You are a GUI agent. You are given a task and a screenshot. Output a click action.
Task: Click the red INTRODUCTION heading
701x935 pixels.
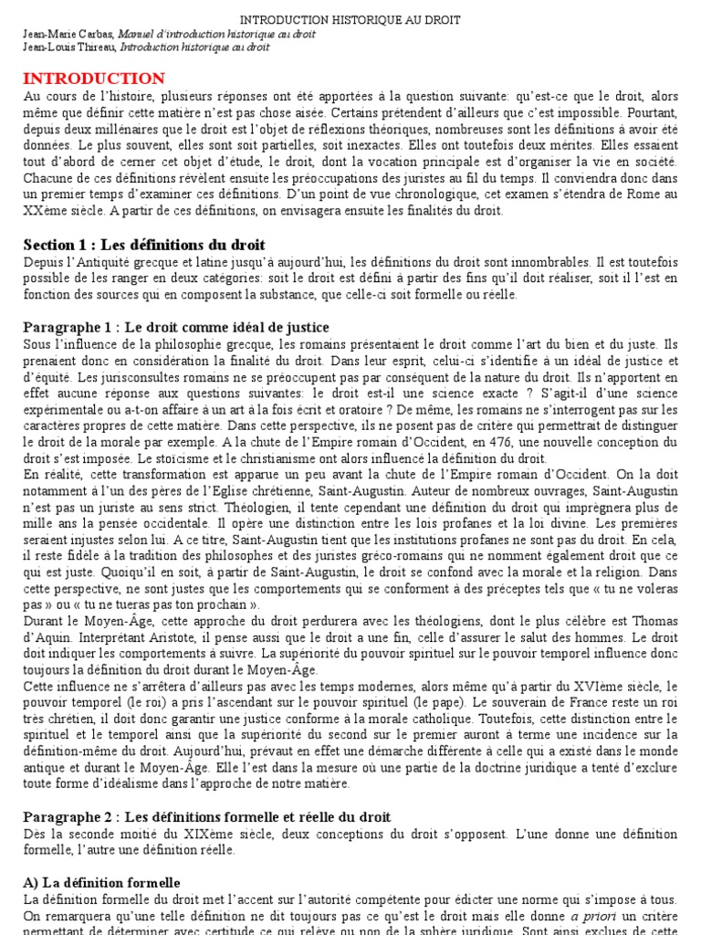coord(94,79)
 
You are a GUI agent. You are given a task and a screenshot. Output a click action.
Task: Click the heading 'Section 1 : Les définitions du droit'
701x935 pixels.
coord(144,245)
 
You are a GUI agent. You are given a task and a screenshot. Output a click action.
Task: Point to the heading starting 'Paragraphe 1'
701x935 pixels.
coord(176,327)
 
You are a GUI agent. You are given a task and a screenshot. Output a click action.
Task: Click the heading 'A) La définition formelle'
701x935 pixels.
coord(102,882)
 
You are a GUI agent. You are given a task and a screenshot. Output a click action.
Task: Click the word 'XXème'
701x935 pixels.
coord(47,211)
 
